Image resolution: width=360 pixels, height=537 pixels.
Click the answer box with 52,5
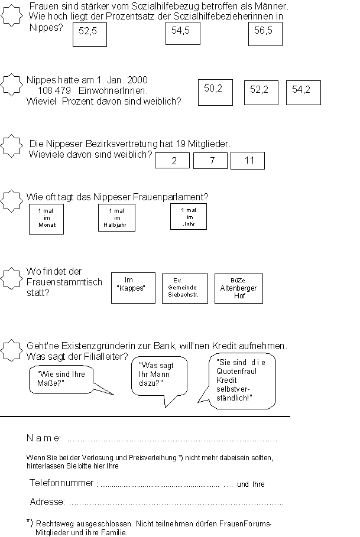pyautogui.click(x=90, y=35)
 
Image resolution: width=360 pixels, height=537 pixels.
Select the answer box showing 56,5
pyautogui.click(x=265, y=34)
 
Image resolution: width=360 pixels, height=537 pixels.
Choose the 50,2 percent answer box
pyautogui.click(x=215, y=92)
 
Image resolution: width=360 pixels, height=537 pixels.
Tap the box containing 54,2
pyautogui.click(x=303, y=93)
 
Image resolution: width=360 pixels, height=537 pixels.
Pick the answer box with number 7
pyautogui.click(x=210, y=161)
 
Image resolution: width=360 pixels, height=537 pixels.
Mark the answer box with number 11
pyautogui.click(x=247, y=161)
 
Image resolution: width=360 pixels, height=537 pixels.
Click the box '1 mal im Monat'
pyautogui.click(x=46, y=219)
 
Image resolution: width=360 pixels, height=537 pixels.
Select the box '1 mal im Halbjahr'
pyautogui.click(x=116, y=218)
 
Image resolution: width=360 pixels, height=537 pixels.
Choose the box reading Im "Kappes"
pyautogui.click(x=133, y=288)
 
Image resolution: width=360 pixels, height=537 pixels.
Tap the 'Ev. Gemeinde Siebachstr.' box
pyautogui.click(x=184, y=288)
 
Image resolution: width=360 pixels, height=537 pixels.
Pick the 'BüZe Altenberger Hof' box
pyautogui.click(x=238, y=288)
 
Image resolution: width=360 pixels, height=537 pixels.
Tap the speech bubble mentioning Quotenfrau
pyautogui.click(x=242, y=380)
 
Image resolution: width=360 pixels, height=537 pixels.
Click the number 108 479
pyautogui.click(x=54, y=91)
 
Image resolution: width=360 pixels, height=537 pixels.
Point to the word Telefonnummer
pyautogui.click(x=61, y=483)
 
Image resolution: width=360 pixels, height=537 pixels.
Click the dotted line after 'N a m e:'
pyautogui.click(x=171, y=440)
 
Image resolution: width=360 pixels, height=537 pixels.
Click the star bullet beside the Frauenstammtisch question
pyautogui.click(x=10, y=278)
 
